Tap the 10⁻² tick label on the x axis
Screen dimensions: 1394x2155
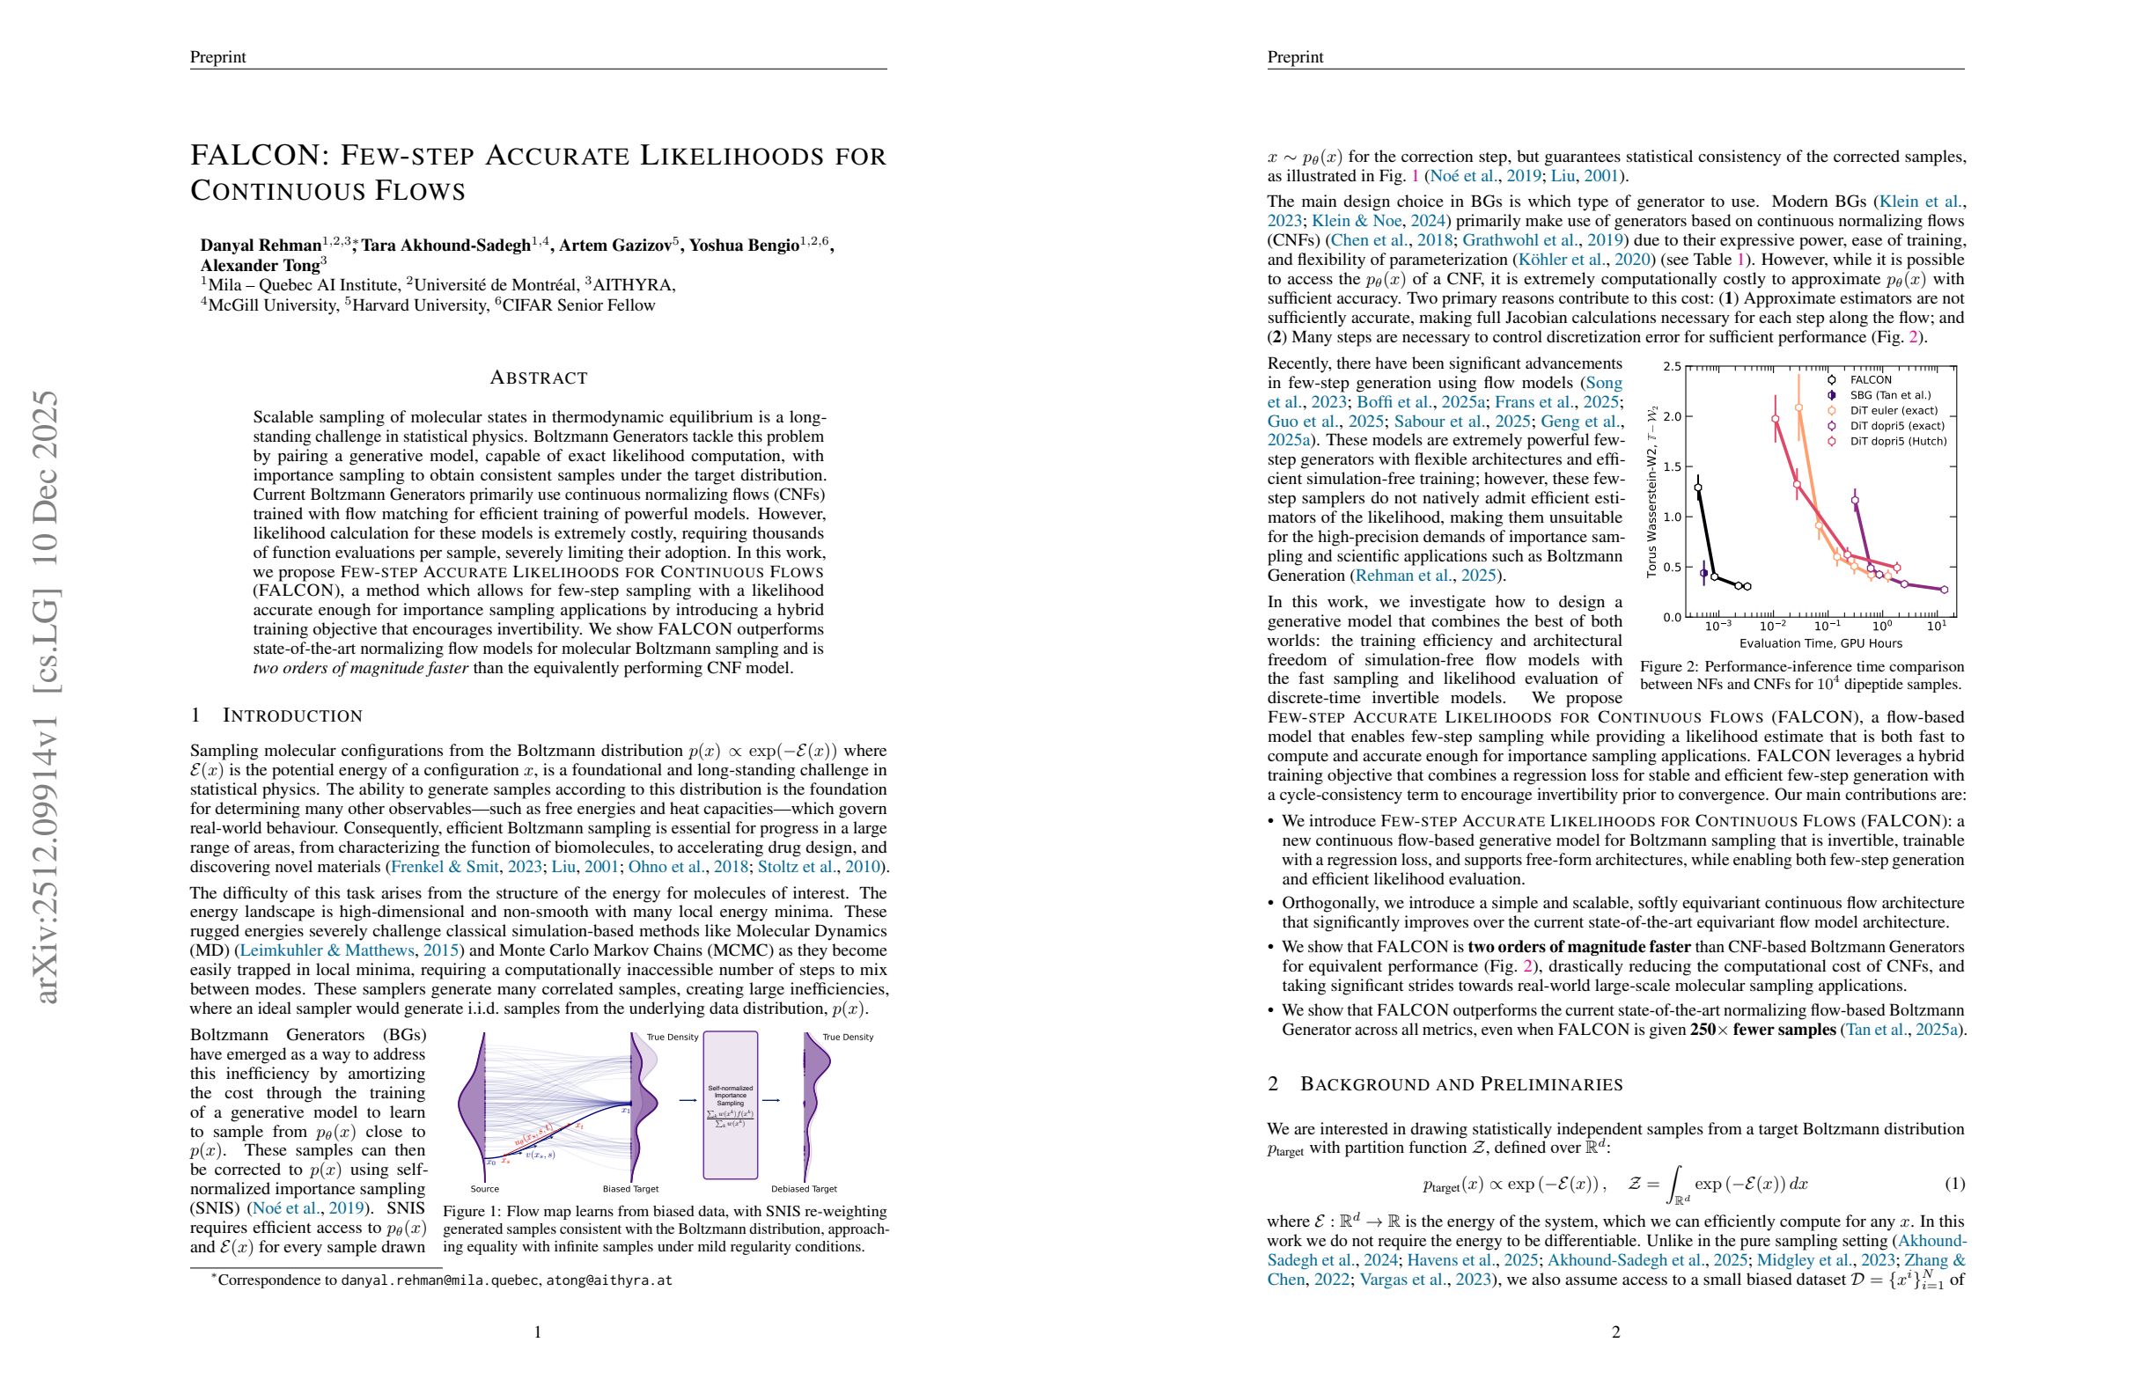[x=1772, y=627]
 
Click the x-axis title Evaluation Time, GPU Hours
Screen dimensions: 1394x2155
[x=1820, y=643]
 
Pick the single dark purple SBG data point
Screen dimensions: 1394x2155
[x=1704, y=574]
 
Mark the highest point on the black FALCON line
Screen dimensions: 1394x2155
[x=1698, y=488]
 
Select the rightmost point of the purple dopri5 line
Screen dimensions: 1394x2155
[x=1944, y=590]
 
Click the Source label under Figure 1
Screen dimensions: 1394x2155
[x=484, y=1190]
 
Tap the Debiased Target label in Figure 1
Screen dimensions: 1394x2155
[x=804, y=1190]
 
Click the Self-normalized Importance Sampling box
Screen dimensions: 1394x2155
[x=730, y=1104]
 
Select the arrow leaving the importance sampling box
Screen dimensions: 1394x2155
[x=770, y=1101]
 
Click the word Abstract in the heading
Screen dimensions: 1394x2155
[x=539, y=378]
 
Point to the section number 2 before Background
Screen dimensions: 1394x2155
[x=1273, y=1084]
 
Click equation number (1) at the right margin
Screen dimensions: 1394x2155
[x=1954, y=1184]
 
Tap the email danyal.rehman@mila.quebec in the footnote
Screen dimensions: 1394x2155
[x=440, y=1280]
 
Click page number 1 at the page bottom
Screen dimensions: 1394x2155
[x=538, y=1332]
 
